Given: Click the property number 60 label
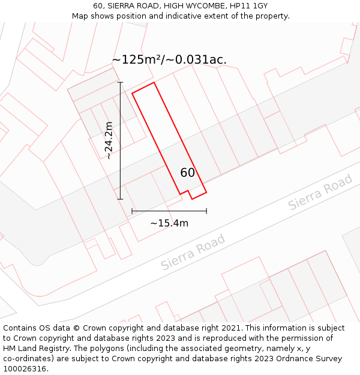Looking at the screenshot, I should pyautogui.click(x=187, y=173).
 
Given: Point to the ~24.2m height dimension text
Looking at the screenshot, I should pyautogui.click(x=109, y=140).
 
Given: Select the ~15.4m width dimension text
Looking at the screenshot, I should pyautogui.click(x=169, y=223).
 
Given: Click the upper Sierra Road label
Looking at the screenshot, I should pyautogui.click(x=320, y=193).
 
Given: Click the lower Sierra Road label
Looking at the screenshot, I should pyautogui.click(x=193, y=252).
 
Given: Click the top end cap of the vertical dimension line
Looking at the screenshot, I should pyautogui.click(x=120, y=82).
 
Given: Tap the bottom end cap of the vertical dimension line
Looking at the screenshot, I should pyautogui.click(x=120, y=199).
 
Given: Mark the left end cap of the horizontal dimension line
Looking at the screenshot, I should pyautogui.click(x=132, y=211).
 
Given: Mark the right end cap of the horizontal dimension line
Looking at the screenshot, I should pyautogui.click(x=206, y=211).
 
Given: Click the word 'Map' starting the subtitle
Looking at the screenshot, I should pyautogui.click(x=80, y=16).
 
